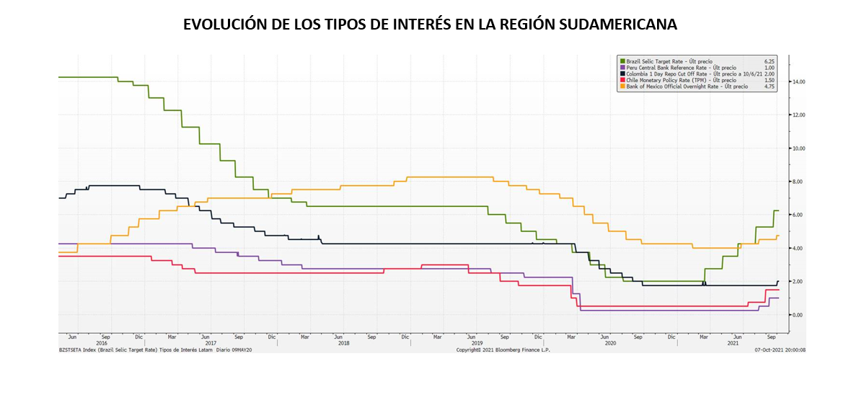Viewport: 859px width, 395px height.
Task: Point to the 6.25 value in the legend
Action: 769,61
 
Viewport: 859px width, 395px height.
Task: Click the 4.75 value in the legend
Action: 769,86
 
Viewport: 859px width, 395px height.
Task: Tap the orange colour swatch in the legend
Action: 621,86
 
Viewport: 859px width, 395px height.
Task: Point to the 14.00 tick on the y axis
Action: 798,82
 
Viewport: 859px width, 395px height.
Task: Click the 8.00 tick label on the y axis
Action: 798,182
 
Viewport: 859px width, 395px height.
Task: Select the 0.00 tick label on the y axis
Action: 798,315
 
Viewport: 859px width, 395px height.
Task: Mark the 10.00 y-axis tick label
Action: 798,148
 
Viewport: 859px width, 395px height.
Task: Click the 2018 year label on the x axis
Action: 343,343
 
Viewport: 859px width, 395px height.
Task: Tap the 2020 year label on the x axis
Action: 610,343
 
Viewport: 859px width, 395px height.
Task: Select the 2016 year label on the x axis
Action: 102,343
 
